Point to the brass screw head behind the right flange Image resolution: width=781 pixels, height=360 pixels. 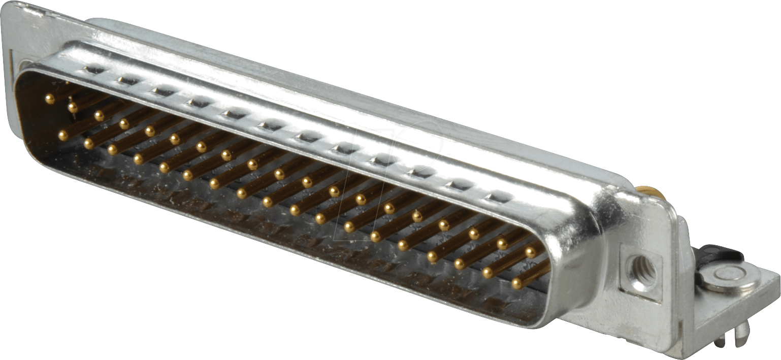coord(649,192)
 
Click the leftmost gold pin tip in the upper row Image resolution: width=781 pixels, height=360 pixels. coord(49,99)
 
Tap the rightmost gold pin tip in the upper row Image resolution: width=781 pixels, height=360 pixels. coord(531,251)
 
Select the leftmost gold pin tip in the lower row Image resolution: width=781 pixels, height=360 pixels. coord(63,136)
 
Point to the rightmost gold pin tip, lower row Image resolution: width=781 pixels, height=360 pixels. coord(517,283)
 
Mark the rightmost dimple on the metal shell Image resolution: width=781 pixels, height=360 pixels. coord(498,197)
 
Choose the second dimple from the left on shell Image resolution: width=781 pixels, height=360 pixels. coord(126,80)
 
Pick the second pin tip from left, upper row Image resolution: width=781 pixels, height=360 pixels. coord(73,107)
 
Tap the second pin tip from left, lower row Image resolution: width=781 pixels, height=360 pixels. coord(88,143)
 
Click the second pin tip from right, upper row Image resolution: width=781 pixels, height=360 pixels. coord(503,243)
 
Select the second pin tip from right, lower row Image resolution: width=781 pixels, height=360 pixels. coord(487,273)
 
